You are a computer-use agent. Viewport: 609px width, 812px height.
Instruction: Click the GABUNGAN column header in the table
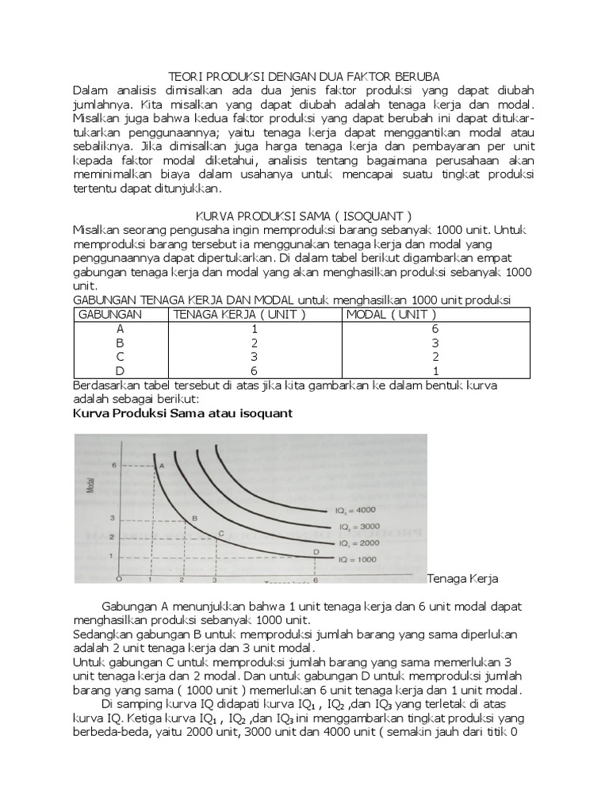[x=107, y=314]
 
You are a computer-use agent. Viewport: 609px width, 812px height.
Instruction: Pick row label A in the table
[x=121, y=328]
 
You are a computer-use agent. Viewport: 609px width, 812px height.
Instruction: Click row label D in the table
[x=121, y=371]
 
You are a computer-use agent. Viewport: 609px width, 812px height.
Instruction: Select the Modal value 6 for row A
[x=435, y=328]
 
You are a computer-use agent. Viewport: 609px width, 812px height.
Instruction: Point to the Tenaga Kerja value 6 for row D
[x=255, y=371]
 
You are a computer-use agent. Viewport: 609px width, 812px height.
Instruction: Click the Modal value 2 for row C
[x=435, y=357]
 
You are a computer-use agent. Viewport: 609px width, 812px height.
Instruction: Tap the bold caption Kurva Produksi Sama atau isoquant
[x=182, y=414]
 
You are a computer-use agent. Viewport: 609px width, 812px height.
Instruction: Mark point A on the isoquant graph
[x=161, y=466]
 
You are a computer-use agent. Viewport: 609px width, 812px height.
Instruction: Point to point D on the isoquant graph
[x=316, y=551]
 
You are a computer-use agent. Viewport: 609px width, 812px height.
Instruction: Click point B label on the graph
[x=195, y=517]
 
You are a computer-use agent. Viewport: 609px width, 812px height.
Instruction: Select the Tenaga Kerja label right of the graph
[x=462, y=579]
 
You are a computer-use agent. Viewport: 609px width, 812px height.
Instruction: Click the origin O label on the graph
[x=117, y=578]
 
